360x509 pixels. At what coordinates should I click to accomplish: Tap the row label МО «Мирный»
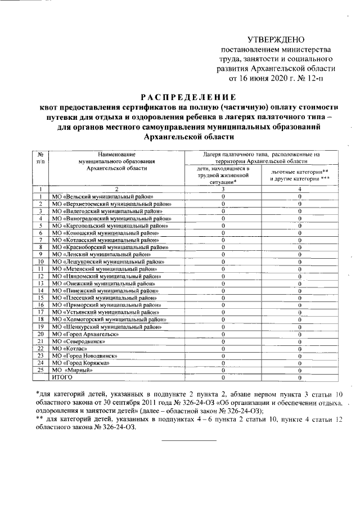[x=73, y=370]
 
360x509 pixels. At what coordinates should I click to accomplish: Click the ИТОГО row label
[x=62, y=377]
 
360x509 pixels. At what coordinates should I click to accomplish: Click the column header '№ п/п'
[x=40, y=157]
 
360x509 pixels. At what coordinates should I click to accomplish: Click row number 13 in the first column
[x=40, y=283]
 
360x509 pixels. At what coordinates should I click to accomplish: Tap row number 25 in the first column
[x=40, y=370]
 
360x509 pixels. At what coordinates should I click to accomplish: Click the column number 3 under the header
[x=223, y=189]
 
